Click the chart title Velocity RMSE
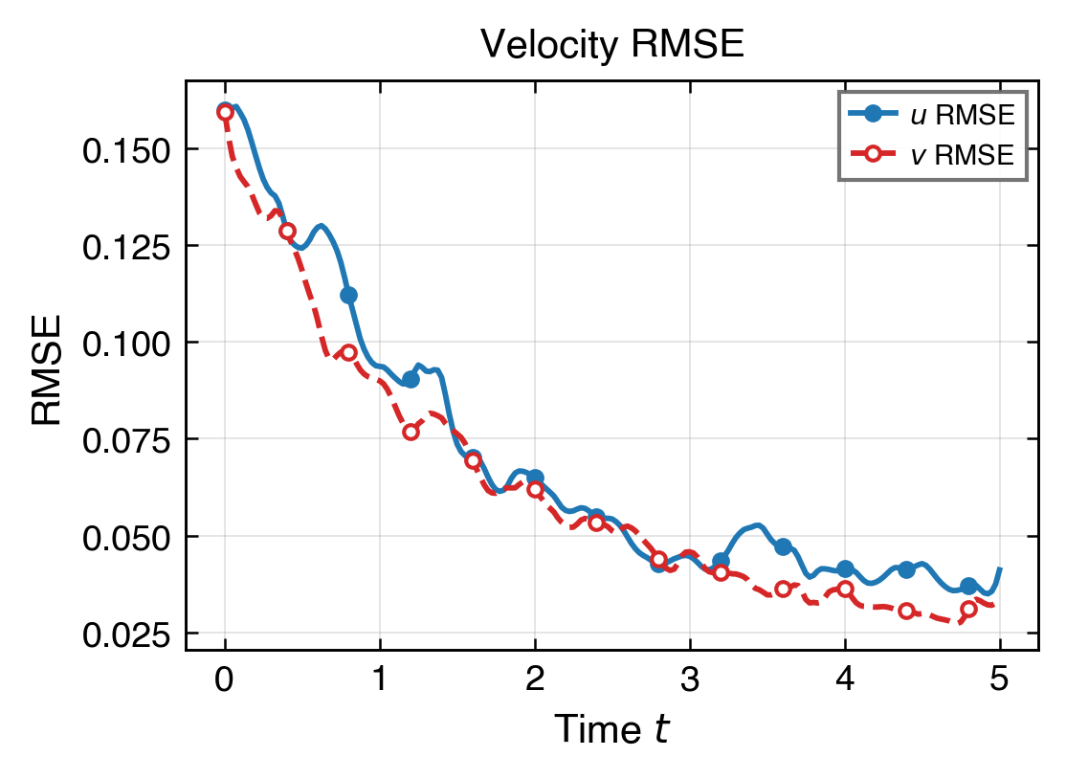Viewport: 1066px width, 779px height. [x=611, y=44]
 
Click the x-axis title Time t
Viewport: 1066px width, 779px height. [x=611, y=730]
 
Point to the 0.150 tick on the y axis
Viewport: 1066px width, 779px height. [x=127, y=149]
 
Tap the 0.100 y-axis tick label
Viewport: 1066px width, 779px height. [x=127, y=343]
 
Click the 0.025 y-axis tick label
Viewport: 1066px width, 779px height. [x=127, y=634]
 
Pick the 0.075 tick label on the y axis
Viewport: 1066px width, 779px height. [x=127, y=439]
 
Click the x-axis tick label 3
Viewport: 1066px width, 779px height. [x=690, y=680]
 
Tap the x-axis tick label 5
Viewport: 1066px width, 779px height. [x=1000, y=680]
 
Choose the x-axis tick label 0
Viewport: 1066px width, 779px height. [x=225, y=680]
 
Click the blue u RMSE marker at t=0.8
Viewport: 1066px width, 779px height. [x=349, y=295]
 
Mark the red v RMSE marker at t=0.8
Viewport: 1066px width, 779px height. [x=349, y=352]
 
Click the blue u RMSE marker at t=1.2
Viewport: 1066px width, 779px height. [x=411, y=379]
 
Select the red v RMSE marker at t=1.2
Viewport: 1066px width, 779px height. [x=411, y=432]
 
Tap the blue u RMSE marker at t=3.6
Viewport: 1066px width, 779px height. [x=783, y=546]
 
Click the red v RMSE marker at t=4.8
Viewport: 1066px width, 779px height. [x=968, y=609]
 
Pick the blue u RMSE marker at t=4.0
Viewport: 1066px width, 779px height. [x=845, y=568]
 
